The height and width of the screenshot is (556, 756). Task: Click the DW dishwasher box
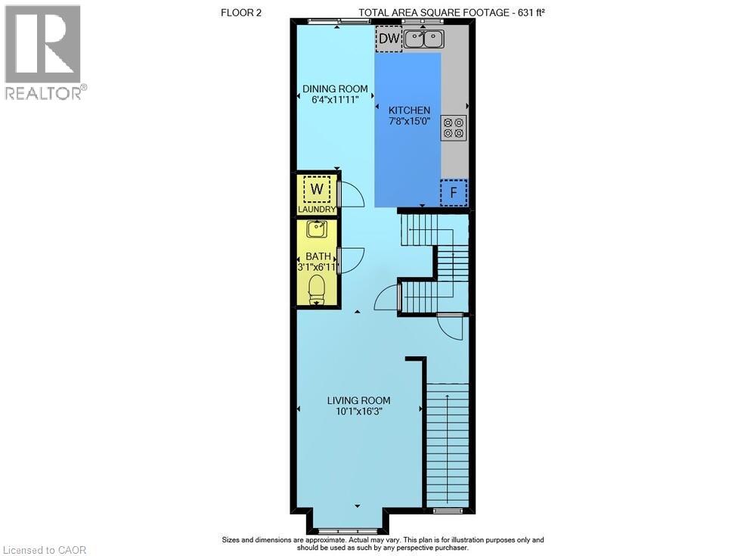coord(389,39)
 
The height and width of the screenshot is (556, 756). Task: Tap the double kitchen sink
coord(423,39)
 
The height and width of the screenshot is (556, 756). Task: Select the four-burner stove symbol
coord(454,127)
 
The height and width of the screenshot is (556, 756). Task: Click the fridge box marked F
coord(454,192)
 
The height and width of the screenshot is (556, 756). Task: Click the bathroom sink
coord(316,228)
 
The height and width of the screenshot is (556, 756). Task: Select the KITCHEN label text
coord(409,110)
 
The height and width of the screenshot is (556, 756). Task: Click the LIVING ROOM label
coord(359,400)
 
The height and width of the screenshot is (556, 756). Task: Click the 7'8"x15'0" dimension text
coord(409,121)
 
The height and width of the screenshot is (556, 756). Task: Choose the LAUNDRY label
coord(316,210)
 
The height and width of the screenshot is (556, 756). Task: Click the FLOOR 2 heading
coord(240,11)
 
